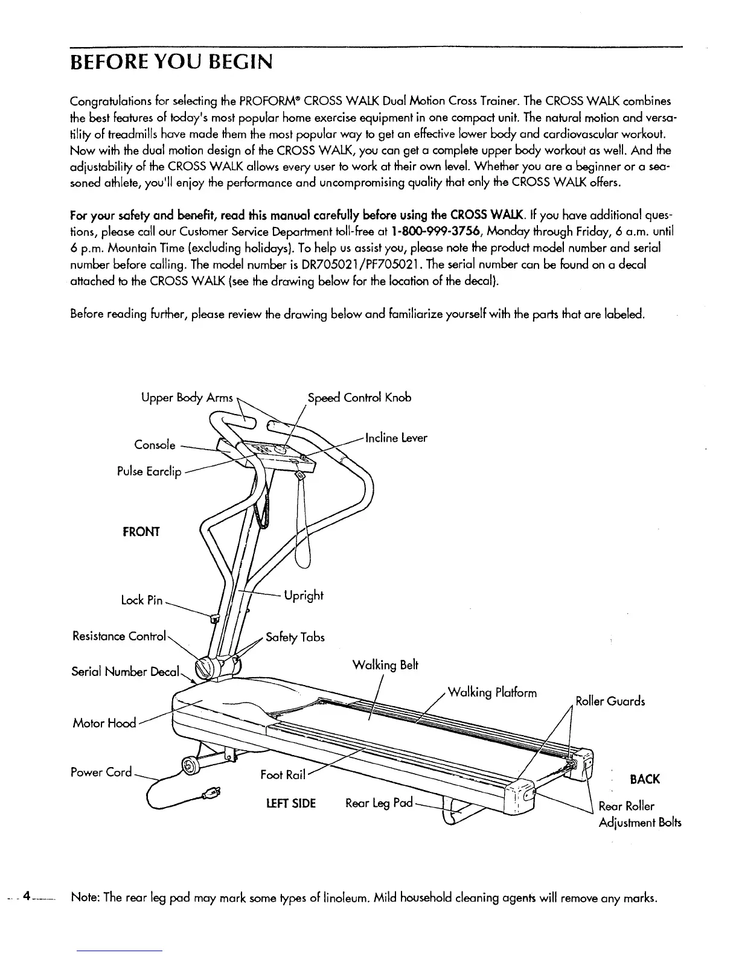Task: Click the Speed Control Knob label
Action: coord(359,398)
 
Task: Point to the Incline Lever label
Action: coord(397,438)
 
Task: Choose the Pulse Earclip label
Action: coord(149,471)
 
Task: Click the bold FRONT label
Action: coord(141,532)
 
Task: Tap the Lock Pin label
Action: coord(141,600)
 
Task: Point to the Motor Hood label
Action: coord(104,722)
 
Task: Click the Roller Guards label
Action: coord(610,701)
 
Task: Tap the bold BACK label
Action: coord(644,779)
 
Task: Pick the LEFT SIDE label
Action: coord(291,803)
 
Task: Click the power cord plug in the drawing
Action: coord(213,793)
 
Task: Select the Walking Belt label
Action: coord(385,665)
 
